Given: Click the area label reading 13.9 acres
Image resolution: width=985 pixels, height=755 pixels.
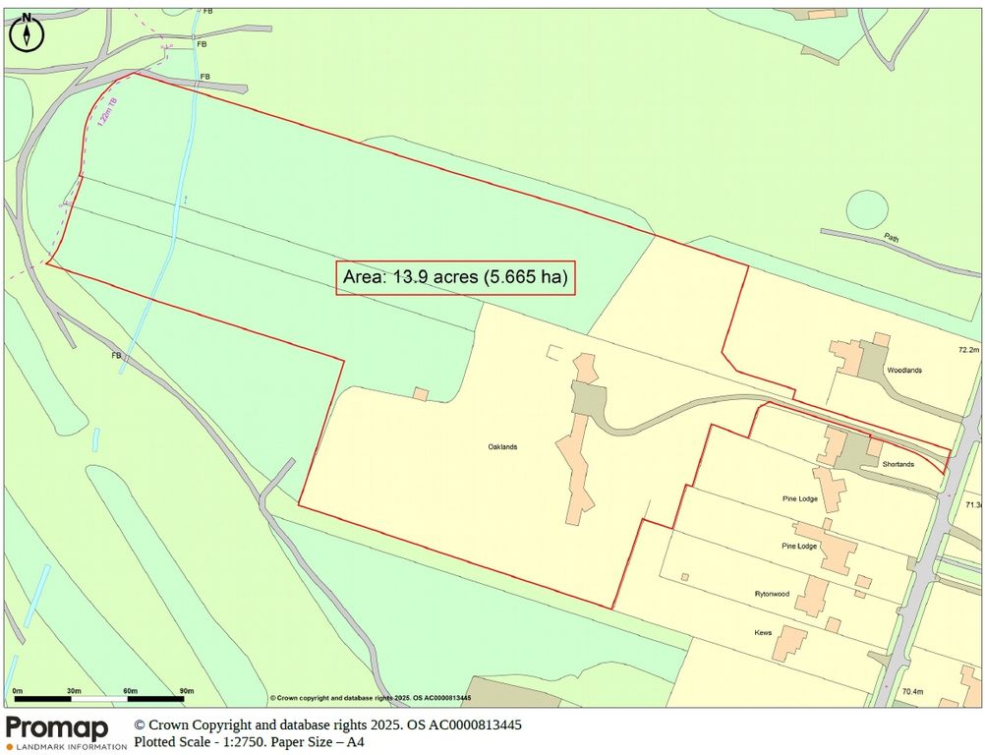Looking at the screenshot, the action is coord(454,277).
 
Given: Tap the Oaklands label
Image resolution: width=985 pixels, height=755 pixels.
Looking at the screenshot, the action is coord(502,446).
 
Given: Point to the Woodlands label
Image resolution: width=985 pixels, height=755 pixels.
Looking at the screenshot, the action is coord(904,371).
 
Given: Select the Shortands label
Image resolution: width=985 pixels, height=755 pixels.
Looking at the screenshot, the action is coord(898,464).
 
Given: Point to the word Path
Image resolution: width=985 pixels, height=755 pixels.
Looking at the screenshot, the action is coord(891,237).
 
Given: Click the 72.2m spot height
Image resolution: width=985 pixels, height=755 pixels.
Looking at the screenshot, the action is coord(969,350).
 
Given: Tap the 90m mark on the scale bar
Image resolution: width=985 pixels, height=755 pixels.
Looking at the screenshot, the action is coord(187,691).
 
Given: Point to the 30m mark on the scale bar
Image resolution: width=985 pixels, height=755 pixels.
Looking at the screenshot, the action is coord(74,691).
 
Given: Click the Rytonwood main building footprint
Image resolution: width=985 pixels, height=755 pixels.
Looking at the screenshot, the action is coord(812,596).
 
